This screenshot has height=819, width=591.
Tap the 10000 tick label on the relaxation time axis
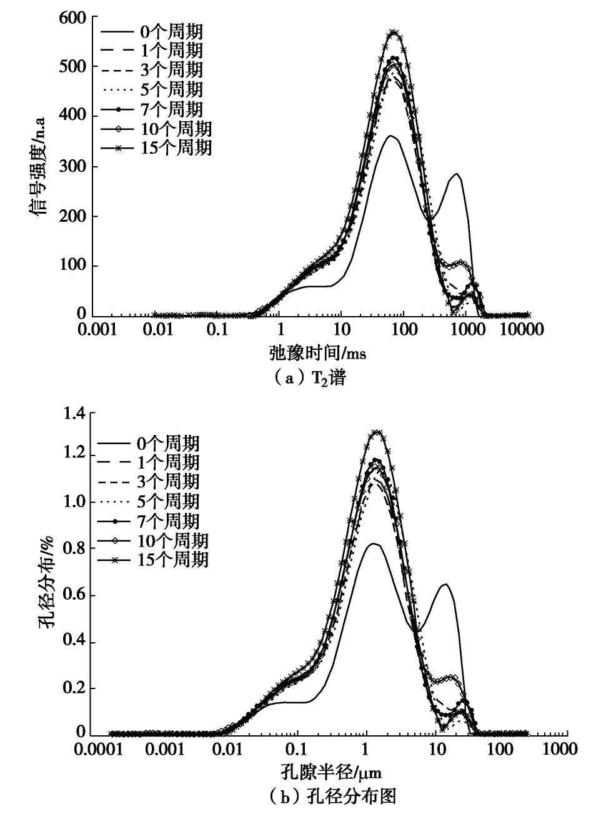521,329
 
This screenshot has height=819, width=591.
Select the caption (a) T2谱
309,379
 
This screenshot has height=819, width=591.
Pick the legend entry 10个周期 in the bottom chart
182,540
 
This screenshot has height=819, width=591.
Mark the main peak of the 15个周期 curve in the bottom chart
377,432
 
